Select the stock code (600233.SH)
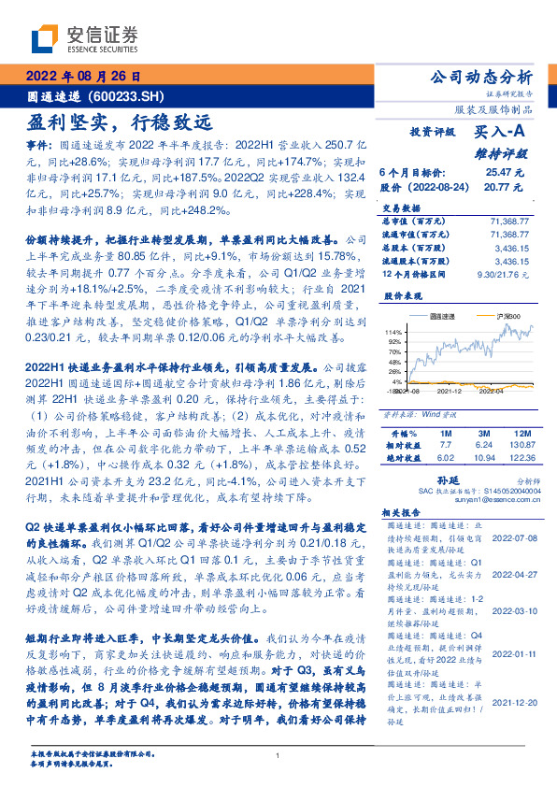(126, 95)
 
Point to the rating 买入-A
(500, 133)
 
